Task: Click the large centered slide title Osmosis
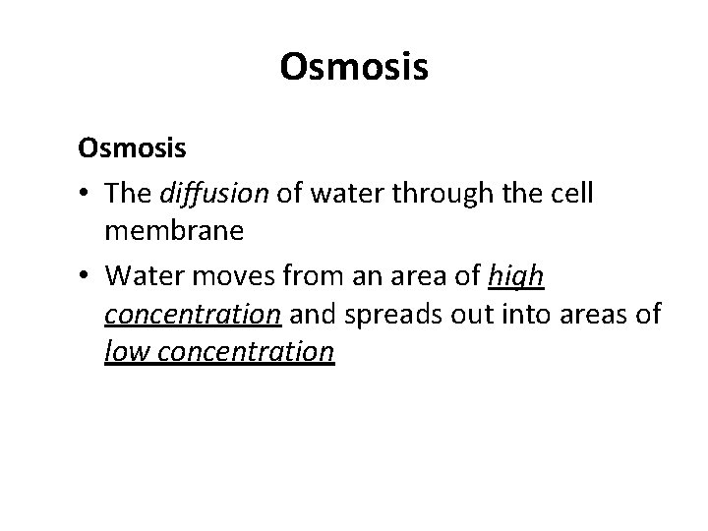[x=354, y=67]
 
